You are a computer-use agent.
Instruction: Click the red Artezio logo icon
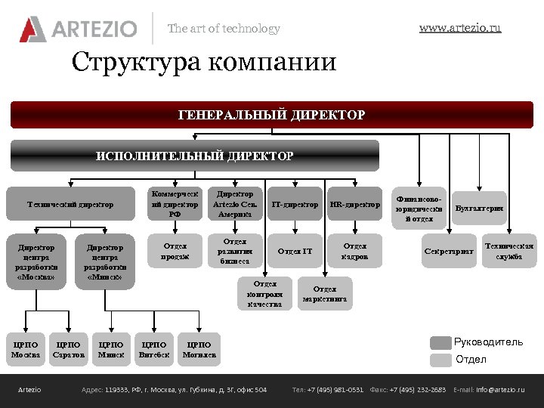pyautogui.click(x=32, y=29)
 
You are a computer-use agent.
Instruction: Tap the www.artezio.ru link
pyautogui.click(x=459, y=28)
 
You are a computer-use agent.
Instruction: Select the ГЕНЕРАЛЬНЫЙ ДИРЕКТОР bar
pyautogui.click(x=271, y=115)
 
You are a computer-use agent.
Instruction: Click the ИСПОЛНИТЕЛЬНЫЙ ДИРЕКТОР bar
pyautogui.click(x=194, y=156)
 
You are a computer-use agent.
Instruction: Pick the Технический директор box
pyautogui.click(x=70, y=204)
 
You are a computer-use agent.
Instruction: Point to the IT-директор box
pyautogui.click(x=295, y=204)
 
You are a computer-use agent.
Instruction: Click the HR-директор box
pyautogui.click(x=355, y=204)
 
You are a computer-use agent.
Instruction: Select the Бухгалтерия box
pyautogui.click(x=479, y=208)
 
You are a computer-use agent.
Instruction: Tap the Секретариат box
pyautogui.click(x=449, y=250)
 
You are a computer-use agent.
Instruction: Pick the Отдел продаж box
pyautogui.click(x=175, y=251)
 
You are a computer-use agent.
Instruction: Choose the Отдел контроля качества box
pyautogui.click(x=264, y=294)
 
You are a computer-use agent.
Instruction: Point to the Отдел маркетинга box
pyautogui.click(x=325, y=294)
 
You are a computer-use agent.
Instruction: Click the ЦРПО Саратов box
pyautogui.click(x=69, y=349)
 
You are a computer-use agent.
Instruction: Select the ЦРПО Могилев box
pyautogui.click(x=199, y=349)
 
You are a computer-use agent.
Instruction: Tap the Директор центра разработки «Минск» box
pyautogui.click(x=105, y=261)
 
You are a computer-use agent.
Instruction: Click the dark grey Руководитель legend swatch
pyautogui.click(x=440, y=342)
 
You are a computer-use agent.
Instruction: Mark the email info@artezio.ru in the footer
pyautogui.click(x=499, y=390)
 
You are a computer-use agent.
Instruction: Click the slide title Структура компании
pyautogui.click(x=203, y=62)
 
